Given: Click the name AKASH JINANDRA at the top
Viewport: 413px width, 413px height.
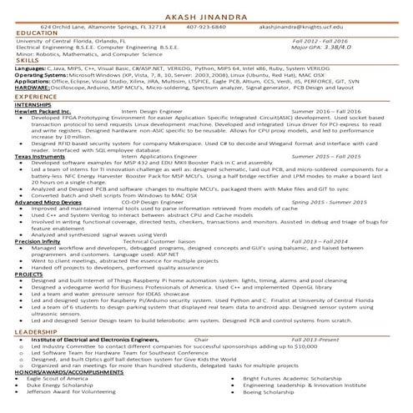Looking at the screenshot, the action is pyautogui.click(x=206, y=16).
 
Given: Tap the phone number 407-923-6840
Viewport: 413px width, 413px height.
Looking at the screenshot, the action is pyautogui.click(x=206, y=27).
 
